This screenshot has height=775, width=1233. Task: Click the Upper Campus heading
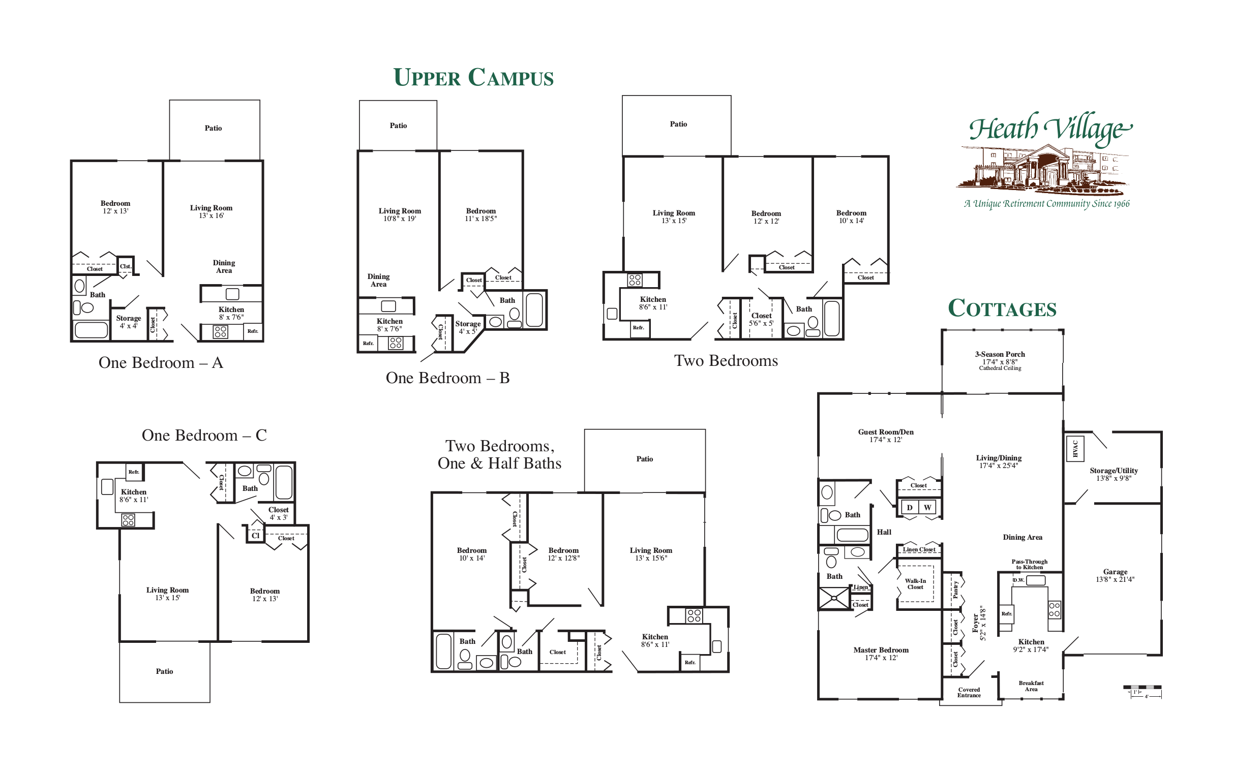[x=473, y=78]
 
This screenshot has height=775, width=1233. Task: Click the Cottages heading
[x=1002, y=308]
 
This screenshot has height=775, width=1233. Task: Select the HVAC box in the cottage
[x=1075, y=448]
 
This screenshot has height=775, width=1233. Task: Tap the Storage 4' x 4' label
[x=128, y=322]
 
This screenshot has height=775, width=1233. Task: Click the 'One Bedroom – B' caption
[x=447, y=378]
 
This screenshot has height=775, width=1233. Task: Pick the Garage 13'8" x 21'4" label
[x=1115, y=575]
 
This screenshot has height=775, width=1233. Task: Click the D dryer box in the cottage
[x=910, y=507]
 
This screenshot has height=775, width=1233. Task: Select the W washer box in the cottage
[x=927, y=507]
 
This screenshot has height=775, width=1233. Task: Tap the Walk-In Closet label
[x=915, y=583]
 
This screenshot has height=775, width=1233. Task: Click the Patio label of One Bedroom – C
[x=164, y=671]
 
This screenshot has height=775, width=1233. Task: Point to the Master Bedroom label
[x=881, y=653]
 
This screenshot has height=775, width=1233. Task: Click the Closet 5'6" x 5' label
[x=761, y=319]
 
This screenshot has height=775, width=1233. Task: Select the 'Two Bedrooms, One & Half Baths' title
[x=499, y=454]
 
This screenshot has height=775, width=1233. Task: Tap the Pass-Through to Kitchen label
[x=1029, y=564]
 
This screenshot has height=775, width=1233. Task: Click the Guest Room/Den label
[x=885, y=435]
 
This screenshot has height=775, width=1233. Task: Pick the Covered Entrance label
[x=969, y=692]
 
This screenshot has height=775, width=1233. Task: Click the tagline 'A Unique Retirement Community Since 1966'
[x=1046, y=204]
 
